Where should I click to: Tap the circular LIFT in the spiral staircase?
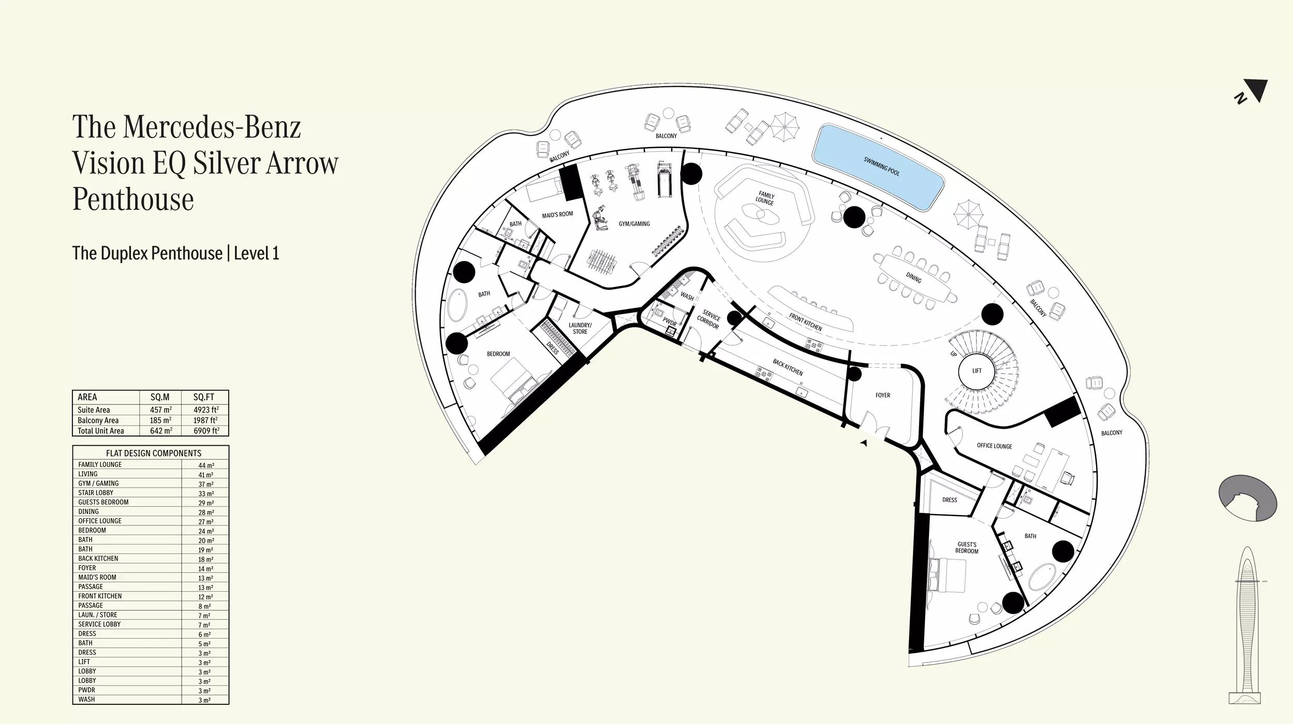pyautogui.click(x=976, y=371)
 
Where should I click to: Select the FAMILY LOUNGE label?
pyautogui.click(x=765, y=199)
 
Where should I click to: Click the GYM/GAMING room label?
pyautogui.click(x=634, y=224)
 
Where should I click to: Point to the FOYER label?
pyautogui.click(x=883, y=395)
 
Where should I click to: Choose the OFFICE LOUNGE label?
pyautogui.click(x=994, y=446)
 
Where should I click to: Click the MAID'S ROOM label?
pyautogui.click(x=558, y=214)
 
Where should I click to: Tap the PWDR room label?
pyautogui.click(x=669, y=322)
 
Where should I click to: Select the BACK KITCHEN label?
pyautogui.click(x=788, y=367)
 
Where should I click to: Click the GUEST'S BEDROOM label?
pyautogui.click(x=967, y=548)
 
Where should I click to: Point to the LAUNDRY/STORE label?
pyautogui.click(x=580, y=328)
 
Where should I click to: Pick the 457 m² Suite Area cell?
pyautogui.click(x=161, y=410)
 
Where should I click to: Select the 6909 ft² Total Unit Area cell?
pyautogui.click(x=206, y=430)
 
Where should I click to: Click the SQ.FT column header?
pyautogui.click(x=204, y=397)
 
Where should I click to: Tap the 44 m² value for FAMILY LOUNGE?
pyautogui.click(x=205, y=465)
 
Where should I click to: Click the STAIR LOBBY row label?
pyautogui.click(x=96, y=493)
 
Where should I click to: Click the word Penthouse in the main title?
pyautogui.click(x=133, y=199)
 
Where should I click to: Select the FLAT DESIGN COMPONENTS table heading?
pyautogui.click(x=154, y=453)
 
